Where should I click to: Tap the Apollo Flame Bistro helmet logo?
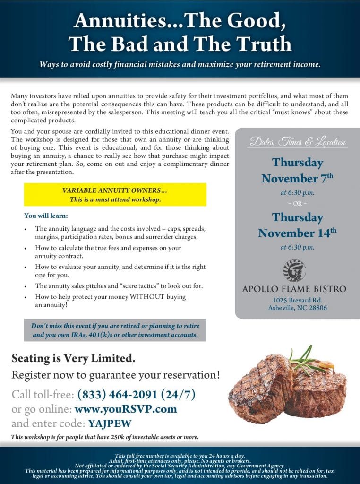(x=294, y=271)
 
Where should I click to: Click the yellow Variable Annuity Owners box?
(x=115, y=195)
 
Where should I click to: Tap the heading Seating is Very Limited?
(x=73, y=359)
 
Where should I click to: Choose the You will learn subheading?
(x=46, y=216)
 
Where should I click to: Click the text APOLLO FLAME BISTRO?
(x=294, y=289)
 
